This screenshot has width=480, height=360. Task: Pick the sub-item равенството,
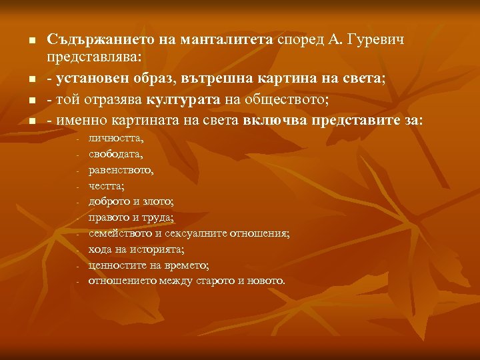pyautogui.click(x=121, y=170)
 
